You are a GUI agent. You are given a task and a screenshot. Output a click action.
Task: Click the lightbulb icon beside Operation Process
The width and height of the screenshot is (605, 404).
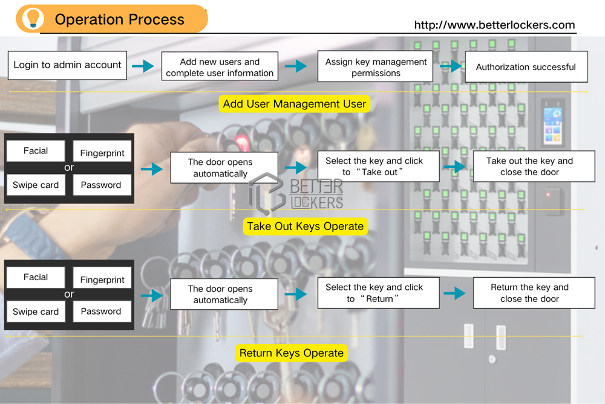(30, 19)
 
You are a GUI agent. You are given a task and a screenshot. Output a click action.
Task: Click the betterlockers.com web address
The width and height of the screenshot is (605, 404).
(494, 25)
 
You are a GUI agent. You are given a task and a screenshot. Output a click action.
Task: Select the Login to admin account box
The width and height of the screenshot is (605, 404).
(67, 65)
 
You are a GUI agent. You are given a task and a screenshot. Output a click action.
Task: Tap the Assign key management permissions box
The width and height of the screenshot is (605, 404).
(376, 67)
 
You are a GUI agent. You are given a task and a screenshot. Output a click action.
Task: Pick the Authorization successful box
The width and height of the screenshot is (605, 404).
(526, 67)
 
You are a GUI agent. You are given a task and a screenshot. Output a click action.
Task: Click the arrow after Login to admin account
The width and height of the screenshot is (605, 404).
(143, 66)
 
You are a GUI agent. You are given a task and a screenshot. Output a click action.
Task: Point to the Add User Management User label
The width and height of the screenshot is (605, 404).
(294, 104)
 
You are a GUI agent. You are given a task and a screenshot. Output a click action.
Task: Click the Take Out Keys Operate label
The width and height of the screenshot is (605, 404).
(305, 226)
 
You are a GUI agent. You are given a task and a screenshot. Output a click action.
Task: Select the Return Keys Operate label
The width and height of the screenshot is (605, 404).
(292, 353)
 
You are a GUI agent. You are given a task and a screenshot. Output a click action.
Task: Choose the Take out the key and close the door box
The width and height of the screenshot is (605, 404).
(529, 167)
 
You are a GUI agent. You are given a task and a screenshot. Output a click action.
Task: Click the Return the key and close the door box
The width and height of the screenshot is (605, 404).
(529, 293)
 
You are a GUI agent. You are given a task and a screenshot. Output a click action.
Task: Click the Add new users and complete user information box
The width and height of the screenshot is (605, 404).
(220, 67)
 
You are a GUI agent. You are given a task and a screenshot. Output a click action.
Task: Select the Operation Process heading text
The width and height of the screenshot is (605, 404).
(119, 19)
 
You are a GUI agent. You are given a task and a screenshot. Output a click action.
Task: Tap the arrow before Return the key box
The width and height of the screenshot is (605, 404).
(454, 293)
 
